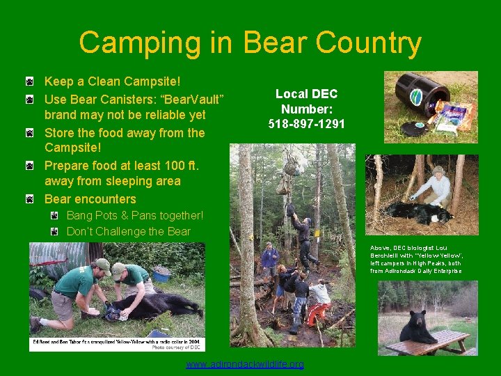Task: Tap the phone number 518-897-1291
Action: pos(307,124)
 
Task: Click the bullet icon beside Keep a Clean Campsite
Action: pos(30,83)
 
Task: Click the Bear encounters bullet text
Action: pos(90,199)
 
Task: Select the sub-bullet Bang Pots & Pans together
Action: pos(135,216)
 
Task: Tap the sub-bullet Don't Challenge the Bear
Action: pos(128,231)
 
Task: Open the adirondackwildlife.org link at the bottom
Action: pos(245,364)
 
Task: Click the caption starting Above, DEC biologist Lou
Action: pos(416,259)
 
